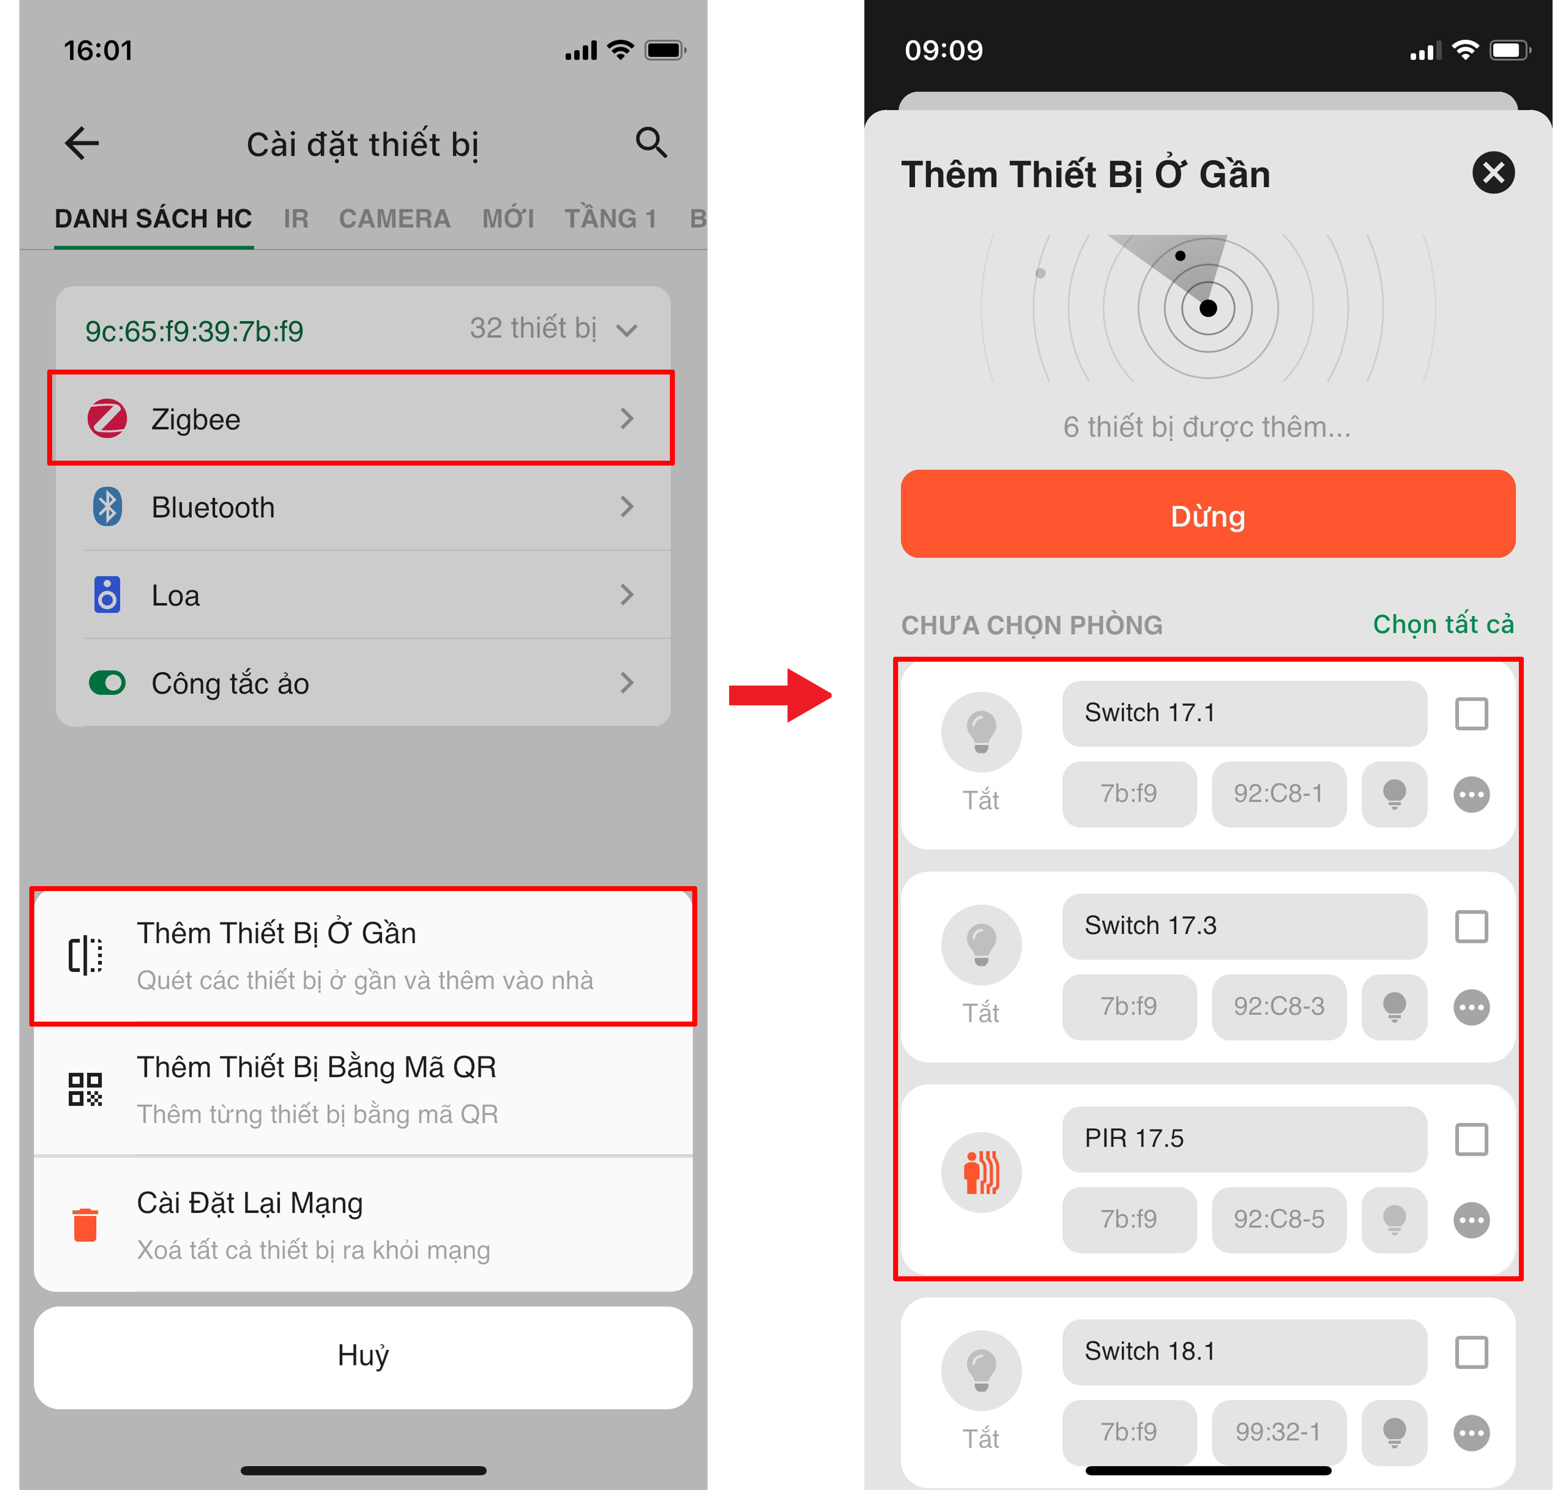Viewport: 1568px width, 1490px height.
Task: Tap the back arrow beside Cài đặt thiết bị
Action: pos(82,144)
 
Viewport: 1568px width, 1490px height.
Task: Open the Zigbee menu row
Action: pos(362,418)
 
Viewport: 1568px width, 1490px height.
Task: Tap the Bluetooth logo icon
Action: pos(107,507)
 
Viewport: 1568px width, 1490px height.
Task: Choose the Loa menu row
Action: pos(362,595)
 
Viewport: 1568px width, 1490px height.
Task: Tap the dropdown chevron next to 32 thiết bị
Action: pos(627,330)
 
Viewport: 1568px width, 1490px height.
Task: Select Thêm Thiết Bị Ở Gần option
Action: pos(363,955)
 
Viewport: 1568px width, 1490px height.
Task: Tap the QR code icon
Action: pos(85,1089)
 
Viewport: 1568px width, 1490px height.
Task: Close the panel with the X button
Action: pos(1493,172)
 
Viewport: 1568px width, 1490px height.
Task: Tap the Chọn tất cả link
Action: pos(1443,624)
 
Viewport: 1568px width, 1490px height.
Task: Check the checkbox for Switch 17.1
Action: pos(1471,713)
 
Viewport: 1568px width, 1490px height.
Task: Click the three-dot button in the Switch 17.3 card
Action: pos(1471,1007)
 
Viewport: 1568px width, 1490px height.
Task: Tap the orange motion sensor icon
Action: pos(981,1172)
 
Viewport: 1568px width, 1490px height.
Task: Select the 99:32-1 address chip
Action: pos(1278,1431)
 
